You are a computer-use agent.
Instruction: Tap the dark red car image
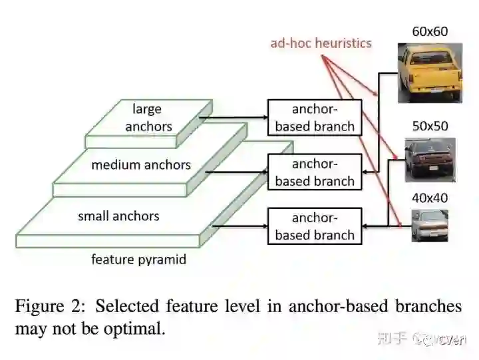coord(430,160)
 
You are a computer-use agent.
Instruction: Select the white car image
coord(429,225)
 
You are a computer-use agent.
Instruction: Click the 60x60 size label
coord(430,31)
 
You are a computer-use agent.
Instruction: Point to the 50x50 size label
coord(430,126)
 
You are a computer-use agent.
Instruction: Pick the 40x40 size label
coord(430,198)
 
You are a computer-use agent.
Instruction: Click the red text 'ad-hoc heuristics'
coord(321,43)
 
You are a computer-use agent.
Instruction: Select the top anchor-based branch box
coord(314,117)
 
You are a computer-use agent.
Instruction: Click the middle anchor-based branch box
coord(314,172)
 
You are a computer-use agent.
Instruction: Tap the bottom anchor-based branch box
coord(314,226)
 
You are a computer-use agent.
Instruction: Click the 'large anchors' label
coord(147,118)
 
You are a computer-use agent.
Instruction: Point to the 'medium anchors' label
coord(141,164)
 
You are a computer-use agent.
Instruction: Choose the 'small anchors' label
coord(118,216)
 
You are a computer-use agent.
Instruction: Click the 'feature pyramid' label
coord(138,259)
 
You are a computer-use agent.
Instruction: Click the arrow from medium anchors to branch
coord(236,173)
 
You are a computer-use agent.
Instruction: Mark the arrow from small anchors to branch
coord(239,226)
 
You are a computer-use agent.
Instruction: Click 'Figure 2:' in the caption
coord(51,306)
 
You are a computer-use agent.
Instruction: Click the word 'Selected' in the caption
coord(128,306)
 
